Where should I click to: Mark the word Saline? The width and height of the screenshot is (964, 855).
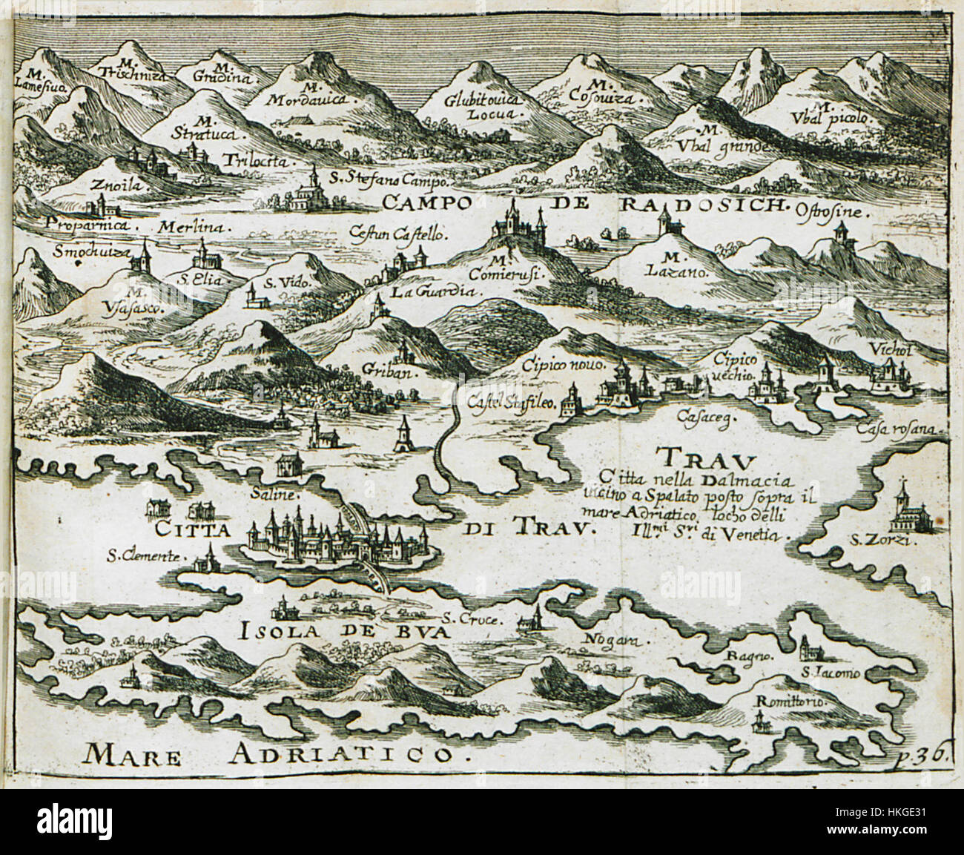click(x=284, y=494)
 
